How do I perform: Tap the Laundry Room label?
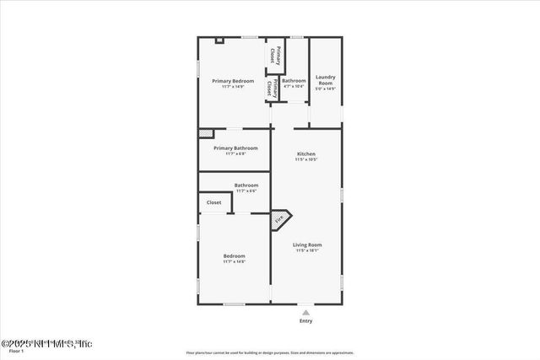[325, 79]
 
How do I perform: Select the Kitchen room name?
[306, 153]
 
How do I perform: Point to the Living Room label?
[308, 244]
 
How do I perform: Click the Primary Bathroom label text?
[235, 148]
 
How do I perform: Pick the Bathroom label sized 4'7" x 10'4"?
[294, 81]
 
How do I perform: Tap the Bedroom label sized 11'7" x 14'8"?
[234, 255]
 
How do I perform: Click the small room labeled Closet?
[214, 202]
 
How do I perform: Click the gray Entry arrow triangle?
[305, 312]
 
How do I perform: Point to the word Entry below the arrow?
[305, 321]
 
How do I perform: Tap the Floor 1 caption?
[16, 351]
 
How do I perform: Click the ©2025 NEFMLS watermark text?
[46, 343]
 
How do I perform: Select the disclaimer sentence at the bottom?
[270, 352]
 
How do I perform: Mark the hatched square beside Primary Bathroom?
[205, 132]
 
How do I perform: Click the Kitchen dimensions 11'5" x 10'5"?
[306, 159]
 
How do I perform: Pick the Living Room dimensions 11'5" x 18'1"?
[308, 250]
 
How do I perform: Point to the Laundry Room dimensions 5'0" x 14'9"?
[325, 89]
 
